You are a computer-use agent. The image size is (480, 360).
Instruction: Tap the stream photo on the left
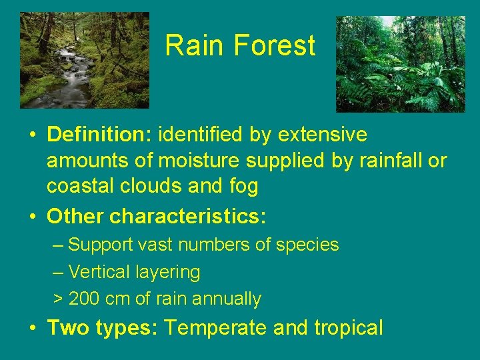click(x=85, y=60)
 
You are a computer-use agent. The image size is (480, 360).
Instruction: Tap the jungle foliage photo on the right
click(x=400, y=64)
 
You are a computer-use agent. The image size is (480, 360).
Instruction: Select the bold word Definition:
click(x=100, y=135)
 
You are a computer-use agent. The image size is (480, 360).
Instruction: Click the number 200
click(x=84, y=299)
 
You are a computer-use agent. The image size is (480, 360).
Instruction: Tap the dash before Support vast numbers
click(x=58, y=245)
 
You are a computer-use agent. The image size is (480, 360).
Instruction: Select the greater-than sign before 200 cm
click(x=58, y=299)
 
